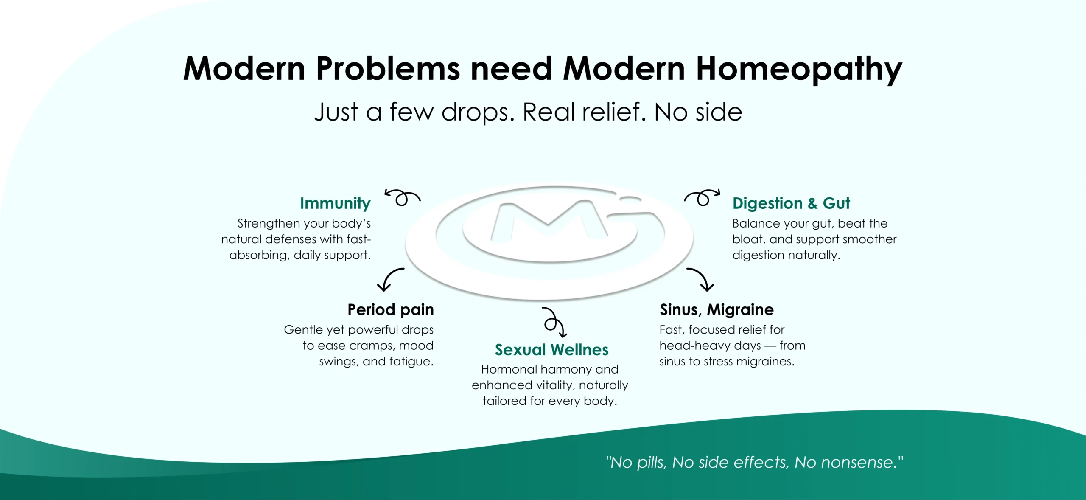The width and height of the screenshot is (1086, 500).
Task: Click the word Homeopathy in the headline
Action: [x=799, y=70]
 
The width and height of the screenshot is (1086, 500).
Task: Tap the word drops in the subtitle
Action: [x=478, y=113]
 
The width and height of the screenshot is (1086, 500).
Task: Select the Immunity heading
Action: [x=335, y=204]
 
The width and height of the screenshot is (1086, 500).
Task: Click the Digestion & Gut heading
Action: [x=791, y=203]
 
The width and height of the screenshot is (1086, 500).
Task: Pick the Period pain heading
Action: [x=391, y=310]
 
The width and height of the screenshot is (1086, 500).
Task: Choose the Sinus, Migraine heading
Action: [x=717, y=310]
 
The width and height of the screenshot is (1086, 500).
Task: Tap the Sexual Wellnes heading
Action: [x=551, y=350]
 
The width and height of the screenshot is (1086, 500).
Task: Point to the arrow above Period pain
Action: [x=390, y=277]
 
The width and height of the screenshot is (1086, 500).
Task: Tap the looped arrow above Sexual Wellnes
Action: [x=554, y=323]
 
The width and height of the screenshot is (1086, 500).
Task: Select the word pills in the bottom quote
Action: [x=651, y=463]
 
